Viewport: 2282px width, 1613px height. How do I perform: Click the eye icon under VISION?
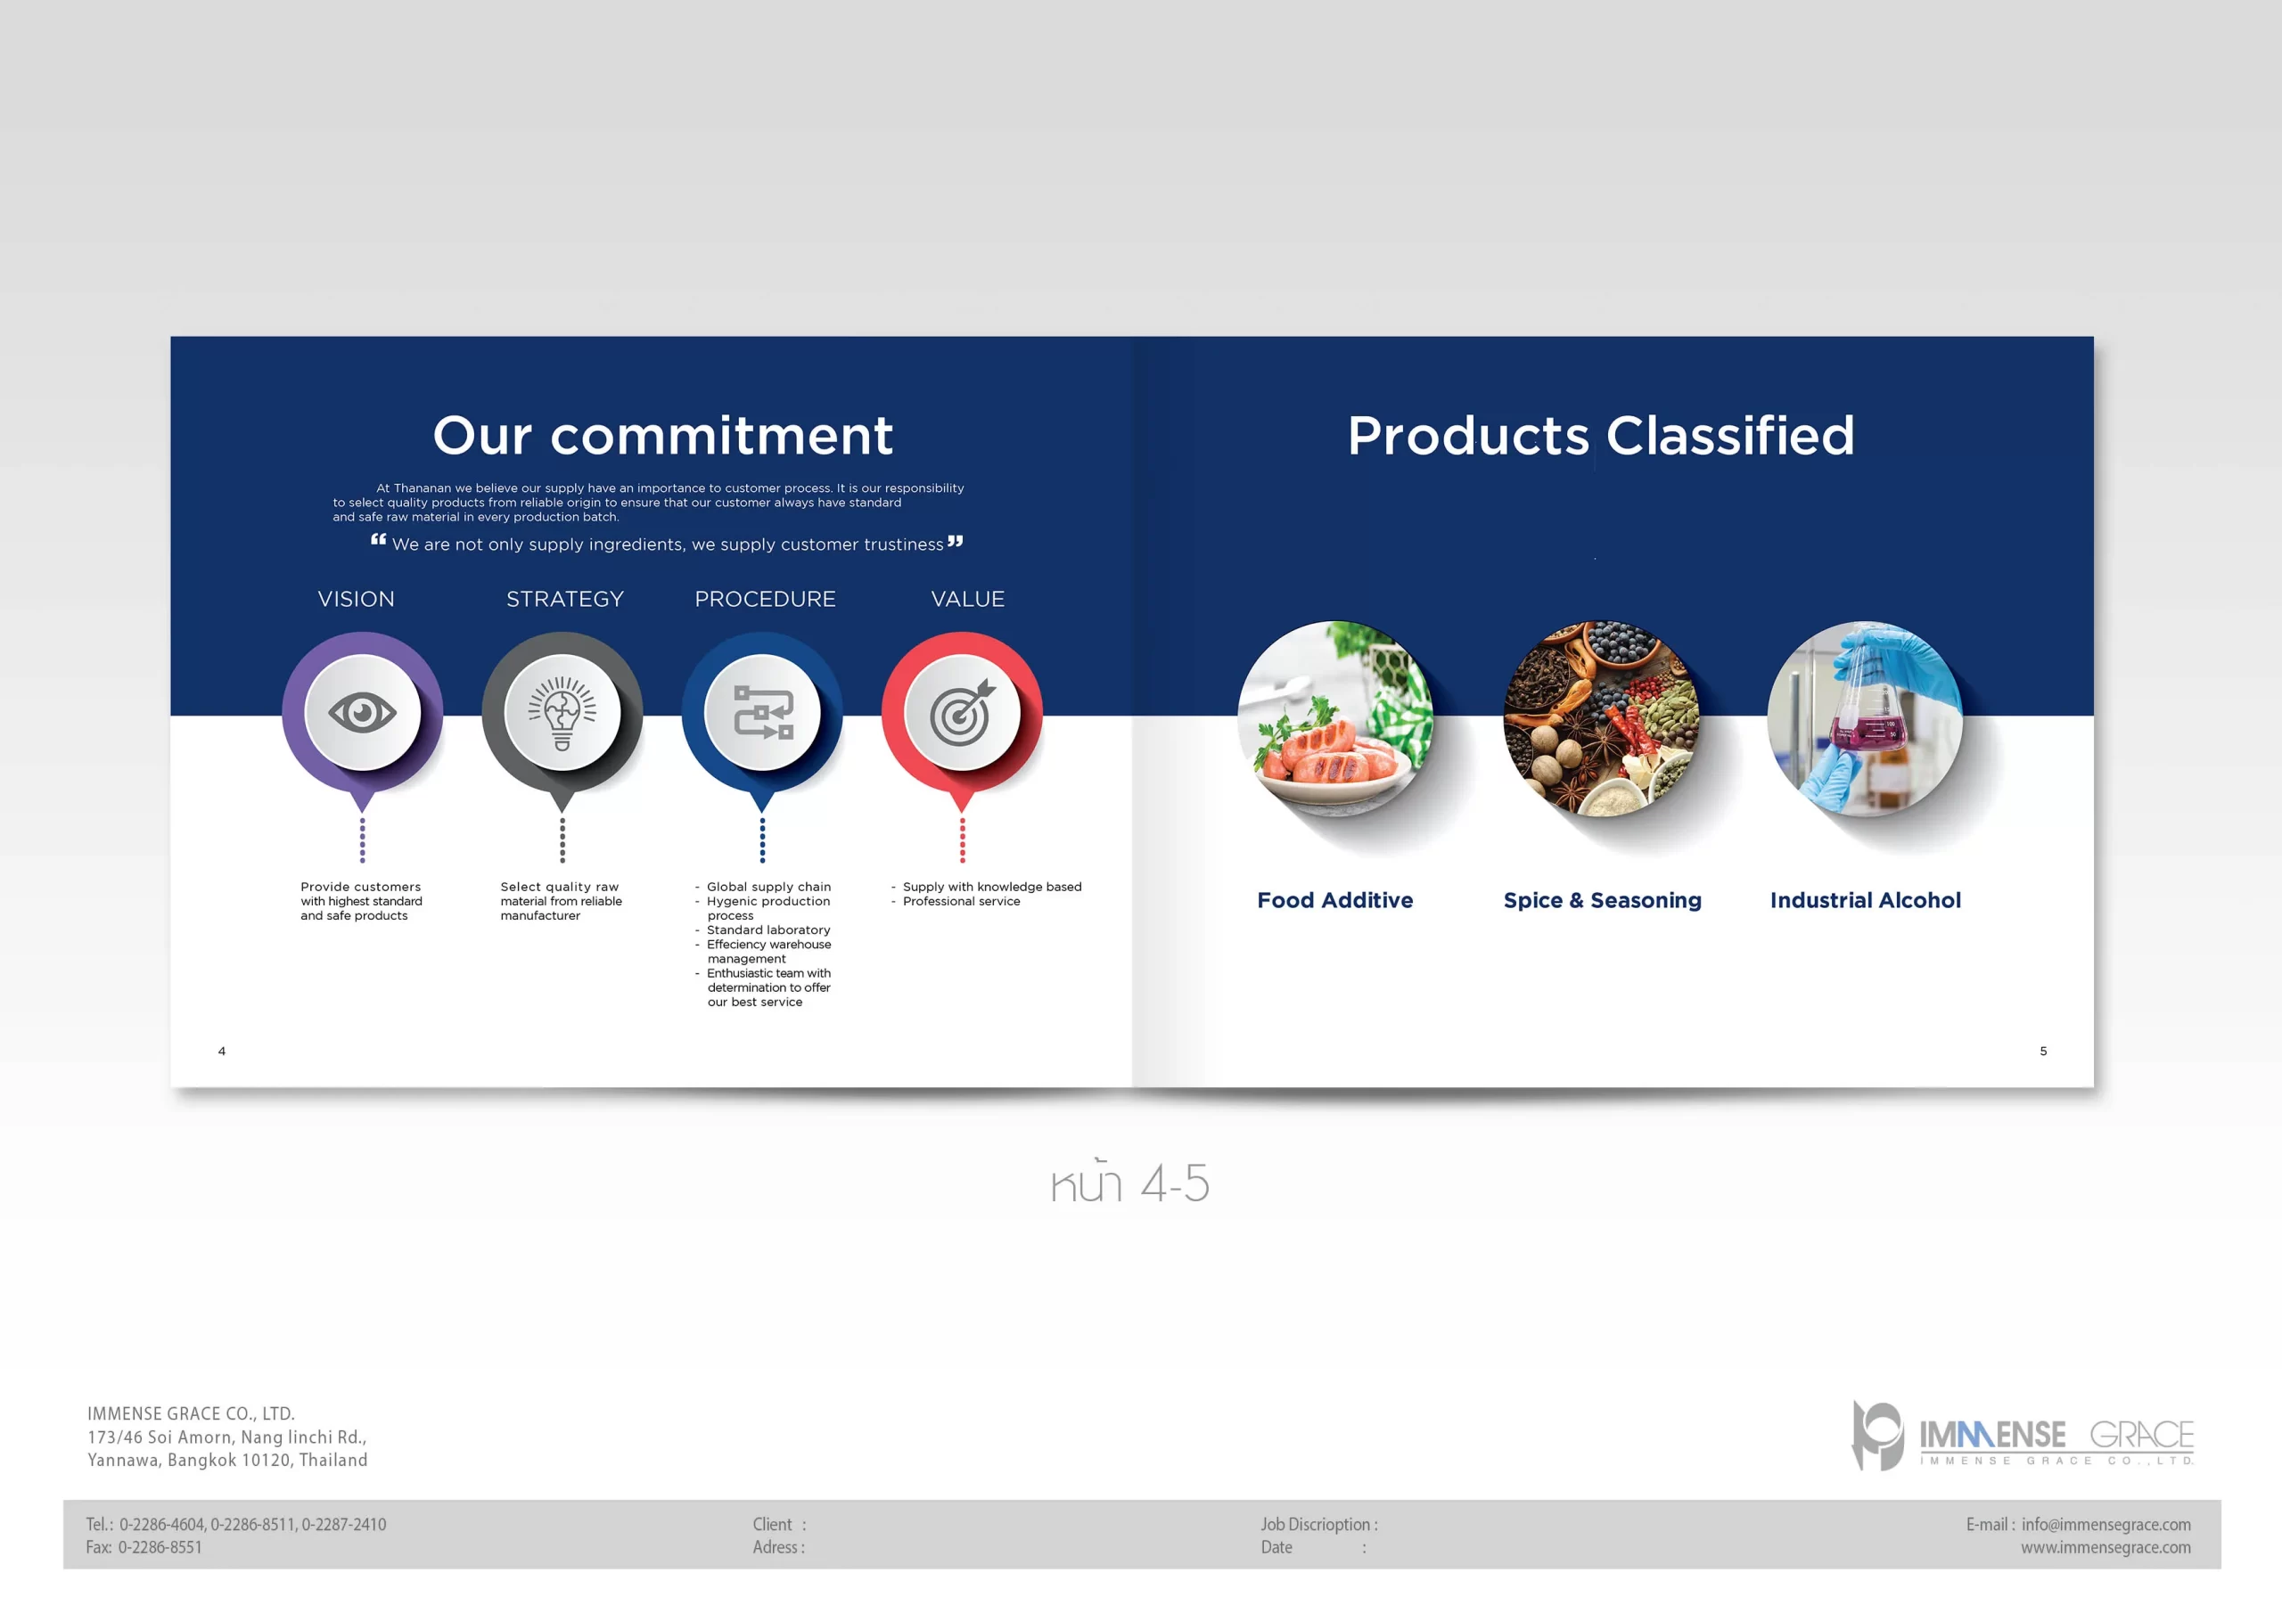362,713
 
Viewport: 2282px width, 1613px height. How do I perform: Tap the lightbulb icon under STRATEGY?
562,713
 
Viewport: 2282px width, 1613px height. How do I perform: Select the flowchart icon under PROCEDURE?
763,713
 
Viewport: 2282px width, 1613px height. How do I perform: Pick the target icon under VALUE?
961,713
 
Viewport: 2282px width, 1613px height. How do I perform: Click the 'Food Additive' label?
1334,900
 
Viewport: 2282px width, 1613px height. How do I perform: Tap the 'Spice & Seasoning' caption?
1602,900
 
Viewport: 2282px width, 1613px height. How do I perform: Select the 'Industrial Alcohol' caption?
1866,900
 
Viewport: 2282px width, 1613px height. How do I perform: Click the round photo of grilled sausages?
1334,718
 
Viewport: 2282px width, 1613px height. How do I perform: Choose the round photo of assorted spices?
1601,718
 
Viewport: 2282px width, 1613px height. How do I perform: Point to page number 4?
222,1051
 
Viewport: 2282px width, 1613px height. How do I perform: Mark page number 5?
2043,1051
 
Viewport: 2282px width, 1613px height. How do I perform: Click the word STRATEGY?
564,599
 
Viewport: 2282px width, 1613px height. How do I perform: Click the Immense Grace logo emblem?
1876,1435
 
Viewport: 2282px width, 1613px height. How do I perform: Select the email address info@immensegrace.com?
2106,1525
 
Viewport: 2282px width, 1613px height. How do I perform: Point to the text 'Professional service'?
961,902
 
